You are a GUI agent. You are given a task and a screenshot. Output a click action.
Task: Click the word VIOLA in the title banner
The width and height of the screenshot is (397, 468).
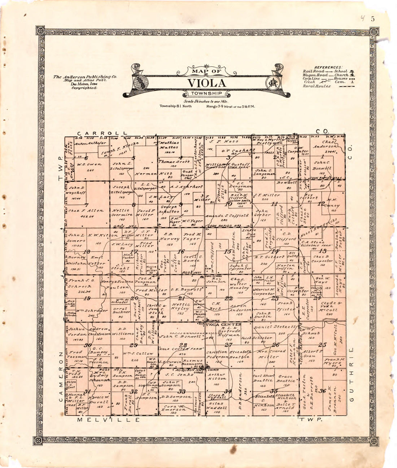206,83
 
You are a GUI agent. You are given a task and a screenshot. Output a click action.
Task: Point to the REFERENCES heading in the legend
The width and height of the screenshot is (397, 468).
328,67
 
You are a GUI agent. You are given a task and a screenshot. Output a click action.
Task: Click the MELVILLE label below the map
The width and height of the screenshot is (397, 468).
108,420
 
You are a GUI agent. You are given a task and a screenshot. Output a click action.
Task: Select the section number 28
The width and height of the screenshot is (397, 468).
183,345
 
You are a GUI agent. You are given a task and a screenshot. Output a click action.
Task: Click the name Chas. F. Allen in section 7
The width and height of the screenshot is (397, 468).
86,211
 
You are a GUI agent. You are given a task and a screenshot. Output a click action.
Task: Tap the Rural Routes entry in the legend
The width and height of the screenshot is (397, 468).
317,86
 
